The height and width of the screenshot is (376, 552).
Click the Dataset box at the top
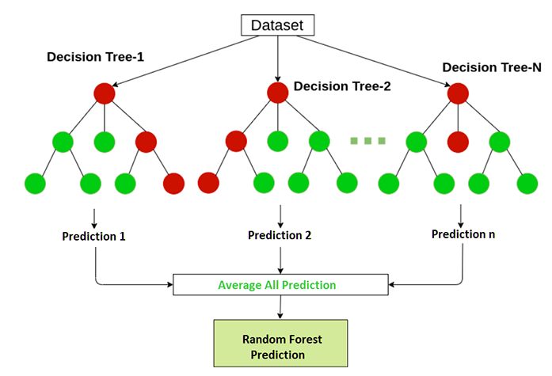277,25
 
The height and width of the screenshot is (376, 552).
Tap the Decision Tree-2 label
342,85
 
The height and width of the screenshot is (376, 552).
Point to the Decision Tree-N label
492,67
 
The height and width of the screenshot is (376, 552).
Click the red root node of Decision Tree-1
104,93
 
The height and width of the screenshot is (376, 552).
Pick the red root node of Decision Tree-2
277,93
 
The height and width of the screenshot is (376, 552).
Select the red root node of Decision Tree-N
459,93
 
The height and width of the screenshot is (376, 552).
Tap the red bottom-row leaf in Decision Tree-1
173,184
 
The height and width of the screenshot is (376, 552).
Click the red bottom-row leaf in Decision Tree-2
208,184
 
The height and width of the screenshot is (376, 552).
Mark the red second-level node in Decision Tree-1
146,142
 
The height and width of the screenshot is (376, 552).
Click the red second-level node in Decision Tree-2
236,142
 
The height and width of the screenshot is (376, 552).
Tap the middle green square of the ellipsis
367,141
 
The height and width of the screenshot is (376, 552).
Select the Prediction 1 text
94,237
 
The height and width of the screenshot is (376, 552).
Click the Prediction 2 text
279,235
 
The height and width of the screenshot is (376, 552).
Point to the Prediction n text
463,234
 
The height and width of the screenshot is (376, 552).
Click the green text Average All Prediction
277,285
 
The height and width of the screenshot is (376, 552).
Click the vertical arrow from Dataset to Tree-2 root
277,59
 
